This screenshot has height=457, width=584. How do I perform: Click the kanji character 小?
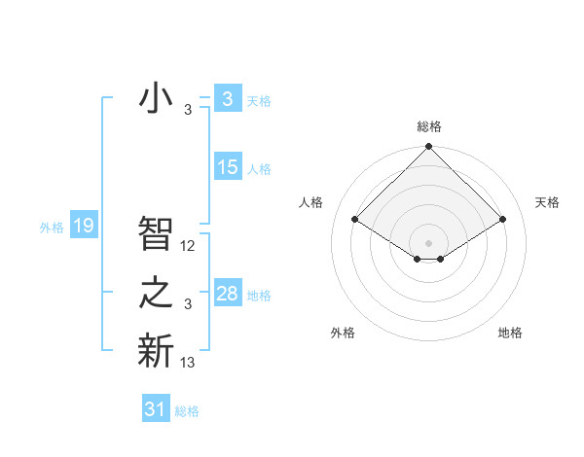click(x=155, y=98)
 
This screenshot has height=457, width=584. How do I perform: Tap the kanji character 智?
click(x=156, y=232)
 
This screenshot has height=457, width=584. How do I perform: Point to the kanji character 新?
click(x=156, y=350)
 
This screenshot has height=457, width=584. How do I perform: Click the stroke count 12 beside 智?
click(x=188, y=246)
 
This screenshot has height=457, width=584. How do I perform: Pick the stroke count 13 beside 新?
click(x=188, y=363)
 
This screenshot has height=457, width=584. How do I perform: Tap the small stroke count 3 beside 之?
click(x=188, y=304)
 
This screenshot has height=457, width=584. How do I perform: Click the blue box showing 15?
click(x=227, y=166)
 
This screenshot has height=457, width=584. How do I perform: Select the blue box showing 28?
click(x=227, y=294)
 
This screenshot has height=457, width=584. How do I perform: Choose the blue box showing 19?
click(x=83, y=227)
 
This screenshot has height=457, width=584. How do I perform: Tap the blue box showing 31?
click(x=155, y=409)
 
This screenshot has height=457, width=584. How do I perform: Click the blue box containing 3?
click(x=227, y=98)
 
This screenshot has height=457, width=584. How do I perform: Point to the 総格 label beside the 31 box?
click(x=187, y=411)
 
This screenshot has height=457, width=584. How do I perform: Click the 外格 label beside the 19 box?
click(x=52, y=228)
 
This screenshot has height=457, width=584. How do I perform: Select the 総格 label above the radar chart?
click(x=428, y=126)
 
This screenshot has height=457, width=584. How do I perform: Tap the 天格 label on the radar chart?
click(x=547, y=202)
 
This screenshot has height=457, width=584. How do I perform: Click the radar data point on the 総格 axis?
click(x=428, y=147)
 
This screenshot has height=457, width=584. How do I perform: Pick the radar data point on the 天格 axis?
click(x=503, y=220)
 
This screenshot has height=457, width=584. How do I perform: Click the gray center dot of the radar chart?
click(x=428, y=242)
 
